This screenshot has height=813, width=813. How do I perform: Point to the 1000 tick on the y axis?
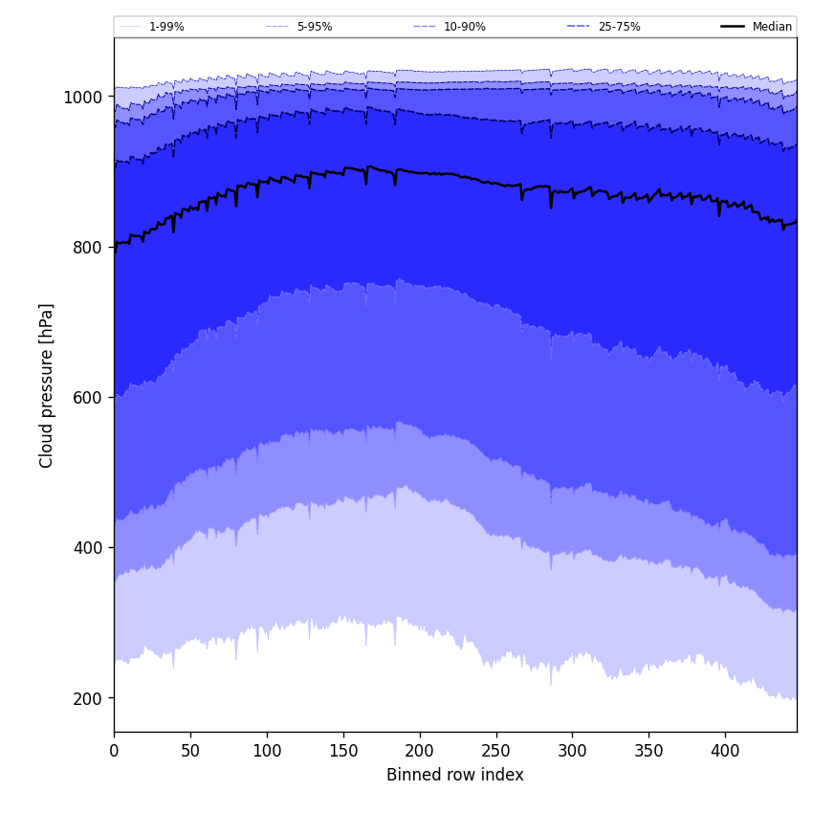[82, 97]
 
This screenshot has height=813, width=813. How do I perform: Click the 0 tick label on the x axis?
[114, 751]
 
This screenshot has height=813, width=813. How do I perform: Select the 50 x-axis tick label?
[190, 751]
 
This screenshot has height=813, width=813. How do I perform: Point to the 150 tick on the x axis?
[343, 751]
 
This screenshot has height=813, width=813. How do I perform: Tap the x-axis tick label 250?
[496, 751]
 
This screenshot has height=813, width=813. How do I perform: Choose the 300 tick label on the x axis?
[572, 751]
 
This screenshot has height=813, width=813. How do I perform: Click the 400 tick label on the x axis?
[725, 751]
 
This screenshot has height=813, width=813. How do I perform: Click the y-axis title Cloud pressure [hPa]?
[47, 385]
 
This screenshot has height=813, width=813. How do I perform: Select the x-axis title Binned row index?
[455, 775]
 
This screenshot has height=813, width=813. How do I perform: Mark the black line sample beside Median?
[733, 27]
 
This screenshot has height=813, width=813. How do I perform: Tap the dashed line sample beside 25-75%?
[579, 27]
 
